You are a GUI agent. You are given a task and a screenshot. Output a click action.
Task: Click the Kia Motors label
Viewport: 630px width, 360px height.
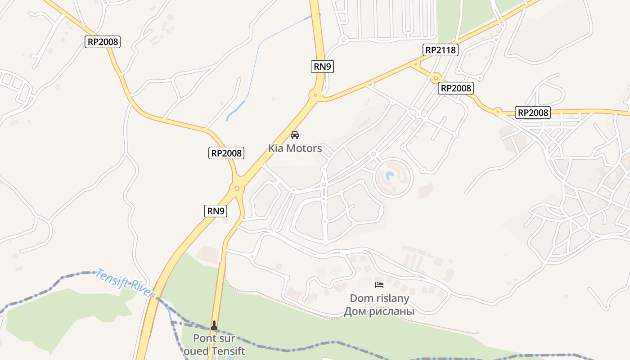295,148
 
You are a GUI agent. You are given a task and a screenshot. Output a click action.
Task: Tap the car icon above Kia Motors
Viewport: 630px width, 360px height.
295,135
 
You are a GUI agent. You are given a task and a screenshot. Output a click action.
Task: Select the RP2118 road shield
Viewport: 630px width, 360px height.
441,50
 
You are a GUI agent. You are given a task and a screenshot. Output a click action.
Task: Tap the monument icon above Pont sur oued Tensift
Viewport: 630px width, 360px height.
214,325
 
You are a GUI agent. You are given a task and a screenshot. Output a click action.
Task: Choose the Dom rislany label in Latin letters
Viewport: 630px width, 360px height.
379,298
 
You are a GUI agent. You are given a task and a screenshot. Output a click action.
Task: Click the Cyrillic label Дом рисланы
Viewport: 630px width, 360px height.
379,311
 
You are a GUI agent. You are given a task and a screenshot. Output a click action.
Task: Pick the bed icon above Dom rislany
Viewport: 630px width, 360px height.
379,284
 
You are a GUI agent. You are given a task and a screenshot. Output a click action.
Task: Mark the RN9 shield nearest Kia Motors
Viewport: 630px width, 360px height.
322,67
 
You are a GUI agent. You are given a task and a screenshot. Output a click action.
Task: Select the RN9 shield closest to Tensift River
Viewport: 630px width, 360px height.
216,211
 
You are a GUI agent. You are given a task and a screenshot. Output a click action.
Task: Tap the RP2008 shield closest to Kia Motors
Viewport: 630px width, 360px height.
227,153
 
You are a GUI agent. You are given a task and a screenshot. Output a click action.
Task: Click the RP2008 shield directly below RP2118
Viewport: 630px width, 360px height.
456,88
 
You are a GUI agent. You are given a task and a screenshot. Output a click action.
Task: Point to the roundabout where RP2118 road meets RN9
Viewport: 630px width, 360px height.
315,95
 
